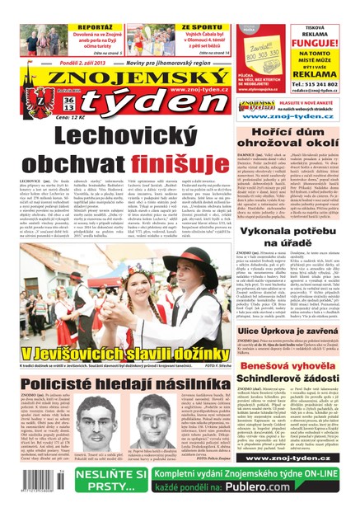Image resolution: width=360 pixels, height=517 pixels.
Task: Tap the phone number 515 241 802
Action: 320,85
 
